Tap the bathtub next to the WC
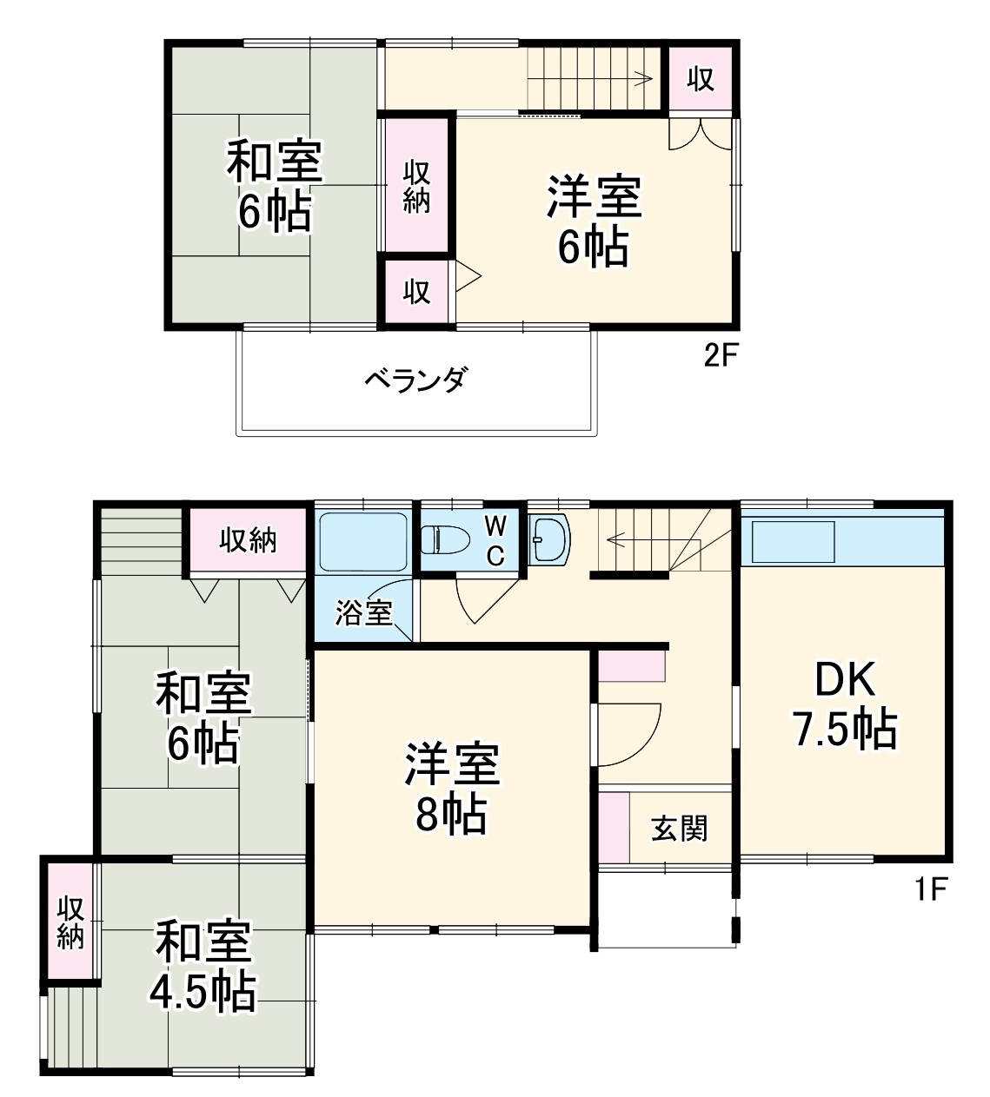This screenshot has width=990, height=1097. (x=362, y=540)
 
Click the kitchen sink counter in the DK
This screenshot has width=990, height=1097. (x=794, y=541)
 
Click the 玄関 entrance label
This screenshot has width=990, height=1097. (x=680, y=828)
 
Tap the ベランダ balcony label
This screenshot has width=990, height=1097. (x=415, y=380)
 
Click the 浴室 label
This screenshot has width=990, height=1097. (x=364, y=613)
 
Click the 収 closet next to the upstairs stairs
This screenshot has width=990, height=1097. (x=701, y=79)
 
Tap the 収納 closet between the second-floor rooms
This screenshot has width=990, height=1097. (x=417, y=186)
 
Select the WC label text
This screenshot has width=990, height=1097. (x=495, y=540)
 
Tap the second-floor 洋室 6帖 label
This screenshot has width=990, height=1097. (x=594, y=221)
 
